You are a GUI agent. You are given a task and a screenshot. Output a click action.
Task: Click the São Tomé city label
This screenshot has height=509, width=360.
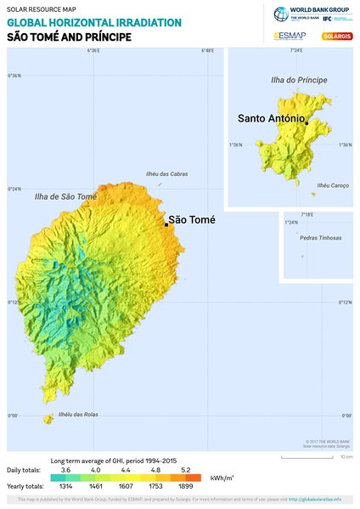192,220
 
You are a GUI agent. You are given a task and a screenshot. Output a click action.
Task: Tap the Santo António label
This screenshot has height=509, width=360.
271,118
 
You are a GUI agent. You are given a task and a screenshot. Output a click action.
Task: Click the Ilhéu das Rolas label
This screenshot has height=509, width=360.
79,415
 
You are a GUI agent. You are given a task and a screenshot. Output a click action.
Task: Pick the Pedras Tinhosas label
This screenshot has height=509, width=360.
321,238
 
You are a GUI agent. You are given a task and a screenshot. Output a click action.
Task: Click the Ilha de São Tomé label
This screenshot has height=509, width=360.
65,196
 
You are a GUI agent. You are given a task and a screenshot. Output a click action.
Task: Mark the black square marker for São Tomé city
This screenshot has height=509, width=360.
166,224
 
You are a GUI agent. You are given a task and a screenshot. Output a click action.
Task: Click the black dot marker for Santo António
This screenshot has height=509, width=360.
306,123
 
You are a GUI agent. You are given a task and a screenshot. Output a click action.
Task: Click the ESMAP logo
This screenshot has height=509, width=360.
290,36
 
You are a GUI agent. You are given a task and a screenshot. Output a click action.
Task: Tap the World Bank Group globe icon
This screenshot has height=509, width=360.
281,14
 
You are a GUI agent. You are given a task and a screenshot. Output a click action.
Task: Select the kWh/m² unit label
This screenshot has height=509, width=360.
223,478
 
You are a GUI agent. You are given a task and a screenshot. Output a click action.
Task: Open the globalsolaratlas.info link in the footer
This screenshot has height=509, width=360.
315,499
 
